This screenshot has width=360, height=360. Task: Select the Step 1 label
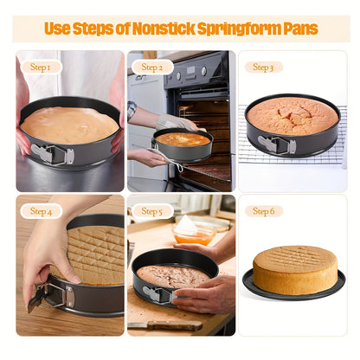coord(41,67)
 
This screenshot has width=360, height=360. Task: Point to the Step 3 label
coord(264,67)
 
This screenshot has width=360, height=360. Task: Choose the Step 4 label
coord(41,210)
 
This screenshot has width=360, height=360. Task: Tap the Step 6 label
coord(264,210)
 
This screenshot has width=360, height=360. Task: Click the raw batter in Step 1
coord(68,124)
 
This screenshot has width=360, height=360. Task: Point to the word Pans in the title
coord(299,29)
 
